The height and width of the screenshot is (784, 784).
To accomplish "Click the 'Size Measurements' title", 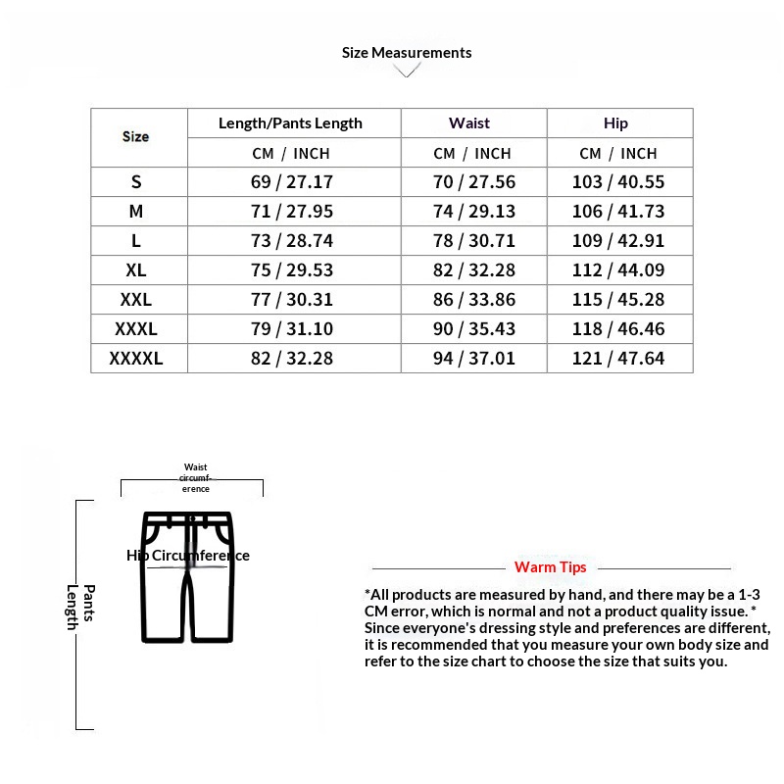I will (407, 53).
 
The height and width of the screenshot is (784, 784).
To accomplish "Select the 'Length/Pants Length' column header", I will (290, 123).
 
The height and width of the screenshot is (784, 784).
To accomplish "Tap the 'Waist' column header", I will (469, 123).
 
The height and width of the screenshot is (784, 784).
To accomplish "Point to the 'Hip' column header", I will (616, 123).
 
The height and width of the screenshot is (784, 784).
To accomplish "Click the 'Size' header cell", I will (136, 137).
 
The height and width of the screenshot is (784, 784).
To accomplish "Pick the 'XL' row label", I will (136, 270).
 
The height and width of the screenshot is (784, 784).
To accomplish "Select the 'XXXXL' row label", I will (136, 359).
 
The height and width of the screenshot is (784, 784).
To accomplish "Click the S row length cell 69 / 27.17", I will (292, 182).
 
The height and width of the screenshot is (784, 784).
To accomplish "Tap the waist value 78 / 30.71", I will (474, 241).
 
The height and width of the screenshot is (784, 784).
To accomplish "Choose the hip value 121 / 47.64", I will (617, 359).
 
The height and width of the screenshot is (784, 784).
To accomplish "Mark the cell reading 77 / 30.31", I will (292, 300).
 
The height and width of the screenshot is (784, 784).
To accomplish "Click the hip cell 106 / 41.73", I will (617, 212).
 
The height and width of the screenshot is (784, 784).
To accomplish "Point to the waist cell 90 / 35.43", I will (474, 329).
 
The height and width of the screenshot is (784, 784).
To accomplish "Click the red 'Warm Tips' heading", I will (551, 567).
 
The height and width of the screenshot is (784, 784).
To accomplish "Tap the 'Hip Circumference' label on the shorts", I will (188, 556).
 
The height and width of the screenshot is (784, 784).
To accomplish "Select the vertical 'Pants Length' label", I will (80, 608).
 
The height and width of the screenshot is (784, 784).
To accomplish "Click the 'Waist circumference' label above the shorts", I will (195, 478).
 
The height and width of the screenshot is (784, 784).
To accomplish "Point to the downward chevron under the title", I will (407, 72).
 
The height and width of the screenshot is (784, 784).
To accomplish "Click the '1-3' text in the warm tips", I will (749, 595).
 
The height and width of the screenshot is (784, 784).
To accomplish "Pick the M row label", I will (136, 212).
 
